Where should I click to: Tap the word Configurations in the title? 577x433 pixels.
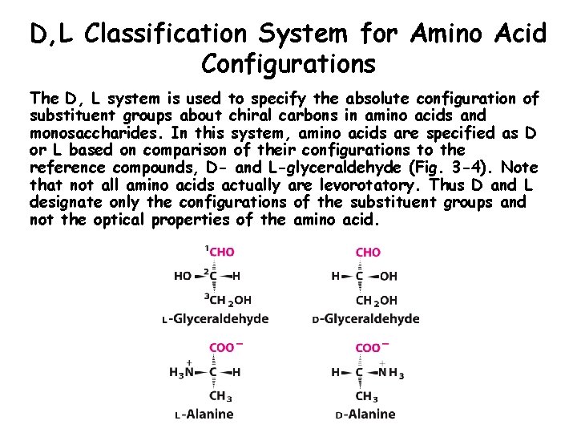tap(288, 62)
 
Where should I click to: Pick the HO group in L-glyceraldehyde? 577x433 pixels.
tap(183, 277)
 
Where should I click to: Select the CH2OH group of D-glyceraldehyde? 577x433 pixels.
tap(375, 301)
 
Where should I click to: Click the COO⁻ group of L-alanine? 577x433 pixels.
tap(222, 348)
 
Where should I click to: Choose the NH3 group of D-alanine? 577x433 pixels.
tap(391, 372)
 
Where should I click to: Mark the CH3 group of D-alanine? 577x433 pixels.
tap(367, 396)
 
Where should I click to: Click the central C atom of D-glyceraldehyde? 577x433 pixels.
tap(360, 277)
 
